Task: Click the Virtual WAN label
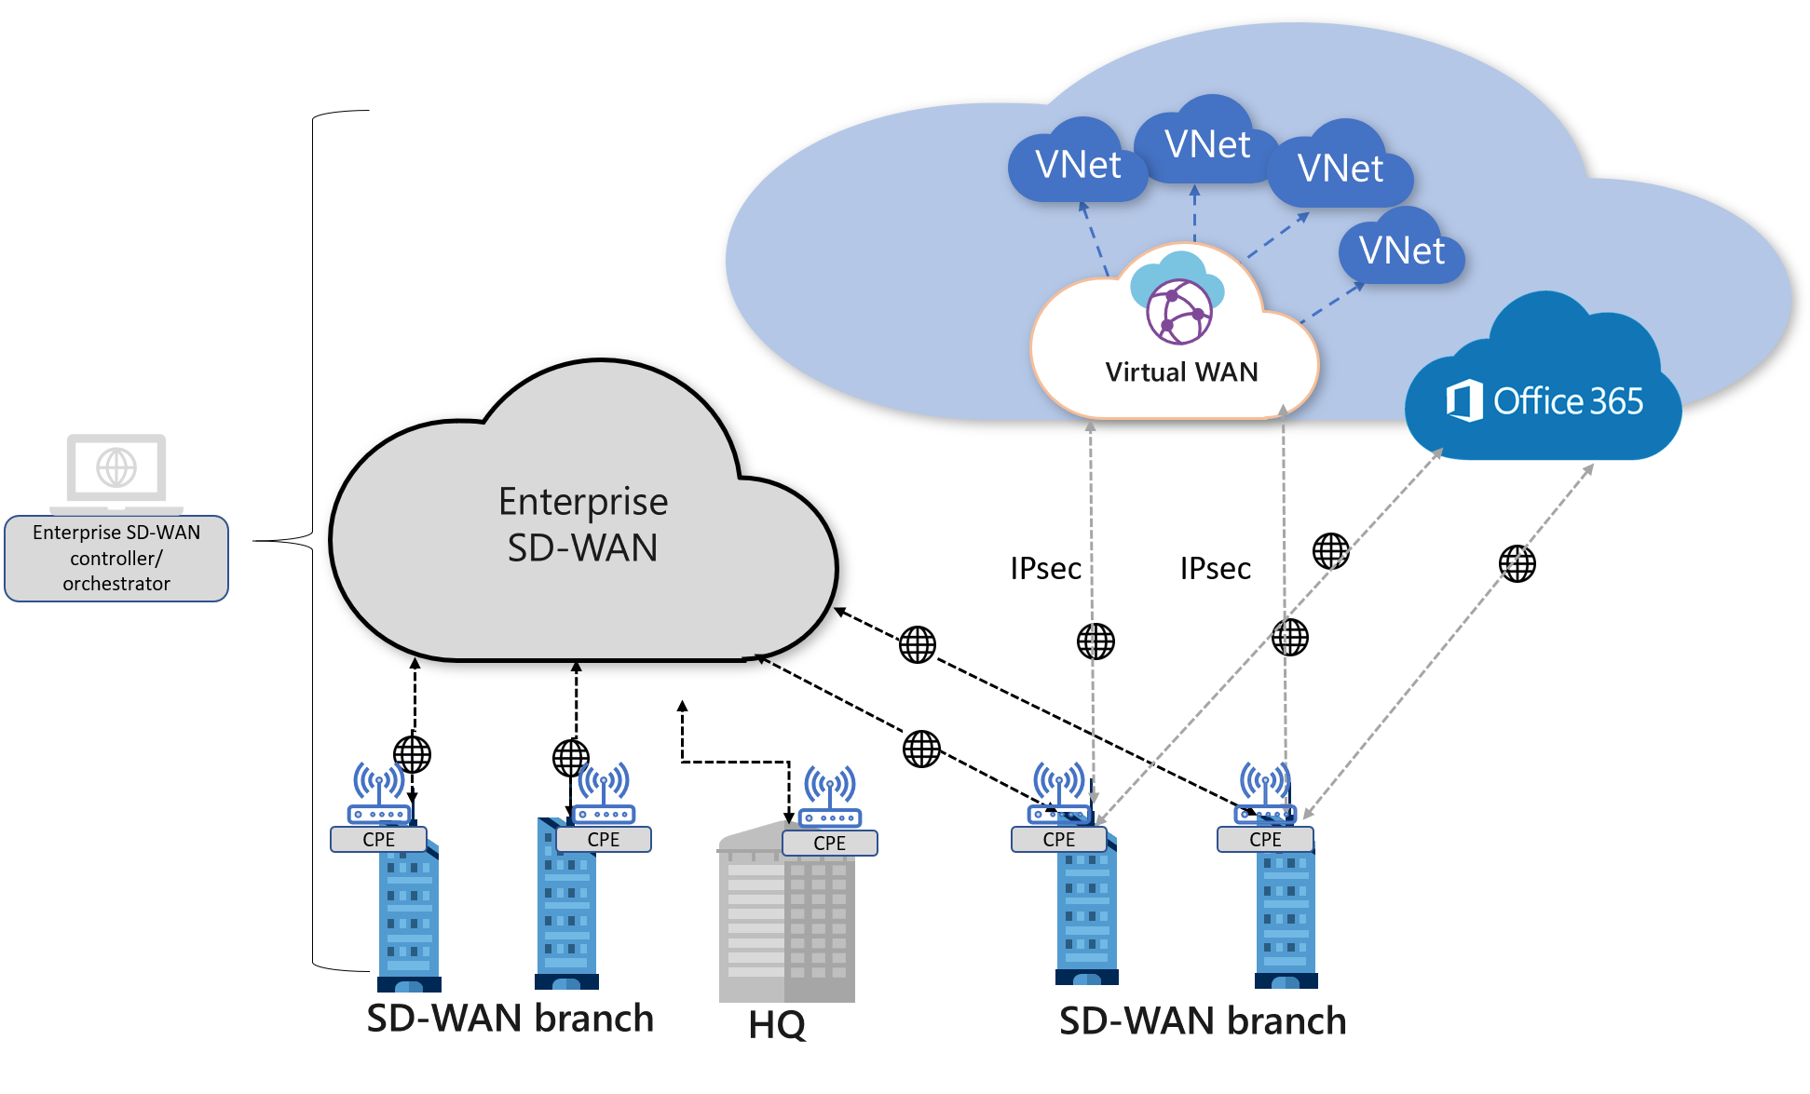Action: click(x=1180, y=372)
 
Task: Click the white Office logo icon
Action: click(x=1463, y=401)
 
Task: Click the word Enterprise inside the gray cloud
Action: click(x=583, y=502)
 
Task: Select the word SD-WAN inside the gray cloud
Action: click(x=583, y=547)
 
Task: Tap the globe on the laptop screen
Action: click(x=116, y=467)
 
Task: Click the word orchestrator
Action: click(x=116, y=584)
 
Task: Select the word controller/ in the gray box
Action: click(x=116, y=559)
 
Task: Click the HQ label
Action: click(x=777, y=1025)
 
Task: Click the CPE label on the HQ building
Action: click(x=829, y=844)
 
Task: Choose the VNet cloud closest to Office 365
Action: click(x=1401, y=250)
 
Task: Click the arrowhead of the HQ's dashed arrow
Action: click(x=683, y=707)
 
